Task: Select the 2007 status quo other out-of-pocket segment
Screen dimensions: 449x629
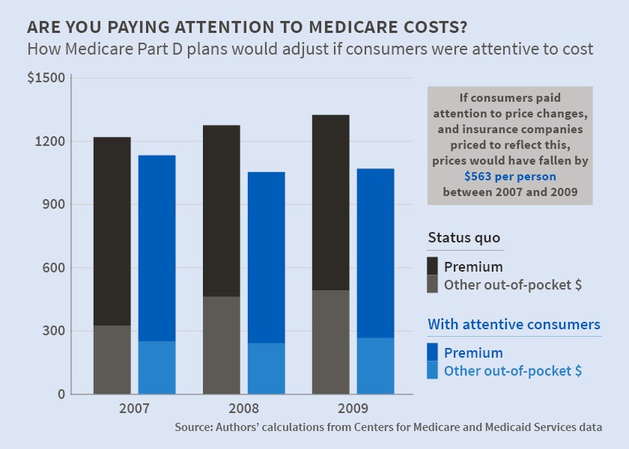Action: click(x=112, y=359)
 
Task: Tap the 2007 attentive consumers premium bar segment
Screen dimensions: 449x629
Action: click(x=157, y=248)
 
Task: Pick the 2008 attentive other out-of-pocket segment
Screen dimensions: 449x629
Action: click(x=266, y=368)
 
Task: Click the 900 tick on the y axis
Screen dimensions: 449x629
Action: click(x=53, y=204)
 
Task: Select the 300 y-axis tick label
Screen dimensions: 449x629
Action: click(x=53, y=331)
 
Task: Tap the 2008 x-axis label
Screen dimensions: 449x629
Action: click(x=243, y=409)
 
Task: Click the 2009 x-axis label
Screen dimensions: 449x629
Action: click(x=353, y=409)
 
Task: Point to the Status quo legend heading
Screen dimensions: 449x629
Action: click(x=464, y=238)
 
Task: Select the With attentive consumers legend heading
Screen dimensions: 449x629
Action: click(x=514, y=325)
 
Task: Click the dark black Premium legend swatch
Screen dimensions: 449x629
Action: click(x=433, y=266)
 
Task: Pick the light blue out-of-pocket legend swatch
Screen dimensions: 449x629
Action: click(x=433, y=370)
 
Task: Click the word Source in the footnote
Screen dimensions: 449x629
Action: click(x=194, y=427)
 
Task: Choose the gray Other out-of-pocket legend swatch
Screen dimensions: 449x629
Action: click(x=433, y=284)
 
